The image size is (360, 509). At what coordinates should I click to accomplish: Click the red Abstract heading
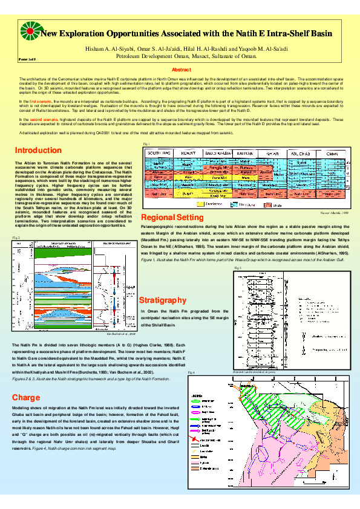[182, 70]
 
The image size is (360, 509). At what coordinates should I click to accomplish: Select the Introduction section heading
[38, 150]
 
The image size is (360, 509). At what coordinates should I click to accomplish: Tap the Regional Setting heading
[172, 218]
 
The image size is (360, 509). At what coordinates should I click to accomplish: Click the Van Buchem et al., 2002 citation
[122, 333]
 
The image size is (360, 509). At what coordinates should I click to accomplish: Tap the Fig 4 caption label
[191, 373]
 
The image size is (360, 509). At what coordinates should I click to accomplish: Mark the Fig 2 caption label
[16, 238]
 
